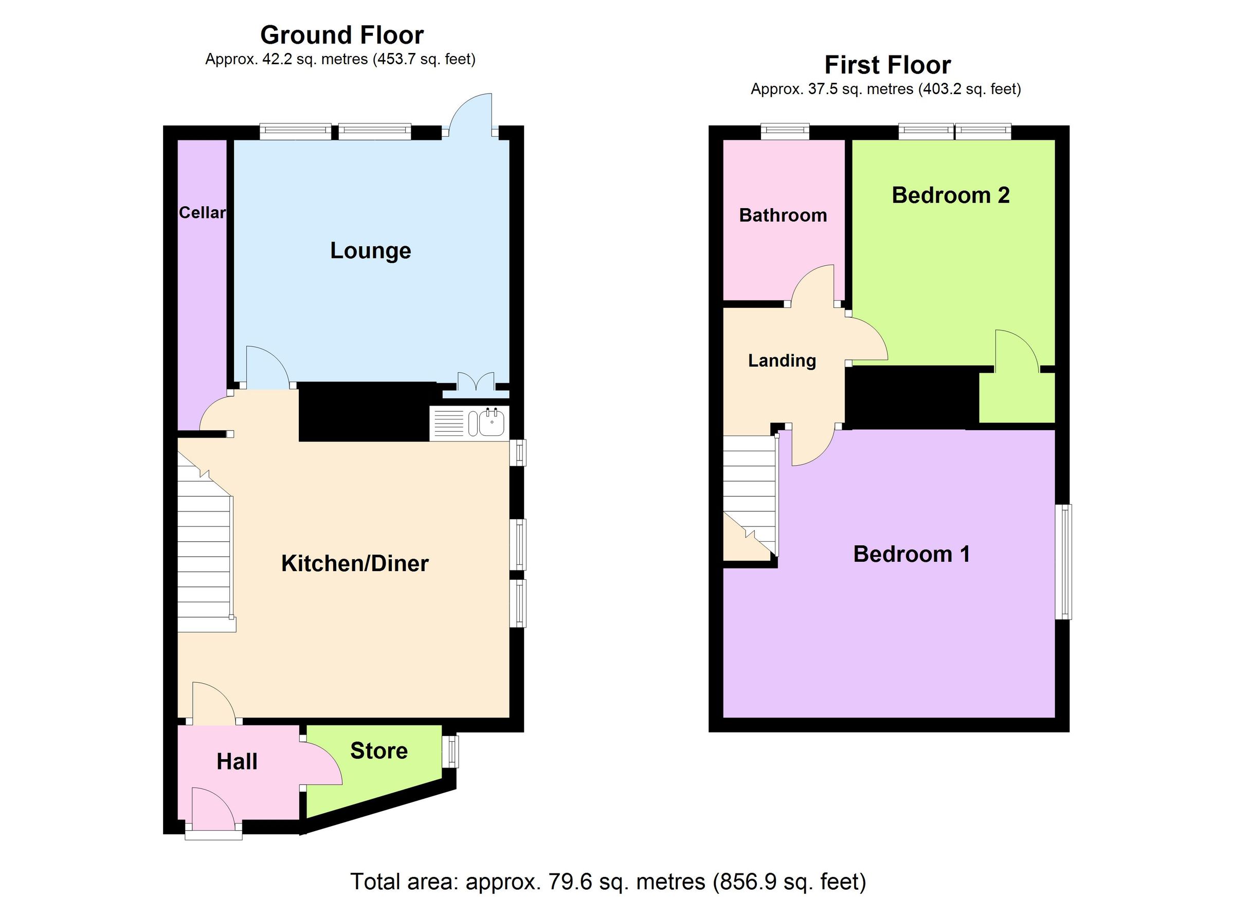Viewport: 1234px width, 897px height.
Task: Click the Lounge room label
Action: click(x=371, y=251)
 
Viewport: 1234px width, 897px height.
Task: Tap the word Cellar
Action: click(x=202, y=213)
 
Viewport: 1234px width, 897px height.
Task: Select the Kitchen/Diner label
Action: click(x=355, y=563)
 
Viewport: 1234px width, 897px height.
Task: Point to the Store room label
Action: click(x=379, y=750)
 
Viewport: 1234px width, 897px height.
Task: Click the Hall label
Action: click(x=237, y=762)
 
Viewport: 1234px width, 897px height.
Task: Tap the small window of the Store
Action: click(x=450, y=752)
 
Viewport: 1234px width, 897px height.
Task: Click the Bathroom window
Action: click(x=785, y=131)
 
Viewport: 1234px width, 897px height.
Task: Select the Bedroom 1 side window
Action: click(x=1064, y=562)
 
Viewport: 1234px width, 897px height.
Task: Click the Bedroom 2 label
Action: click(x=951, y=195)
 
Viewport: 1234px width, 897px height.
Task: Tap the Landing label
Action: click(x=782, y=361)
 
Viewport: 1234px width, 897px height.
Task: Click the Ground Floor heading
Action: click(x=342, y=35)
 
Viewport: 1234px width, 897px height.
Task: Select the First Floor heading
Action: click(x=887, y=65)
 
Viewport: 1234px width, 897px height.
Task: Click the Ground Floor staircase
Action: click(x=204, y=555)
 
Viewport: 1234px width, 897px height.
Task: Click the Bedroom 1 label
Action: click(x=911, y=554)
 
